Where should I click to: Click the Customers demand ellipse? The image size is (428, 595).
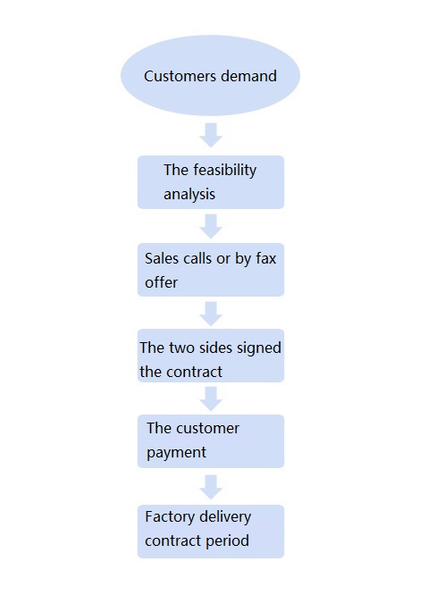(x=210, y=76)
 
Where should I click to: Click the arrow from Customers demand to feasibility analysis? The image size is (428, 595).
(x=211, y=135)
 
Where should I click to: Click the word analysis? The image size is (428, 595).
(x=189, y=195)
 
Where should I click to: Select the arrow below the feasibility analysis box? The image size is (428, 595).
(x=211, y=226)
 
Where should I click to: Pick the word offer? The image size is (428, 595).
(x=161, y=282)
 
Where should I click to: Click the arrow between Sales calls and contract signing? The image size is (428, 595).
(x=211, y=314)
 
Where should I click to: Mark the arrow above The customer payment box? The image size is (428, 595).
(x=211, y=398)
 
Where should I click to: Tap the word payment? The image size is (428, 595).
(x=176, y=453)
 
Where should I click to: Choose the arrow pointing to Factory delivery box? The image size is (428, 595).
(x=211, y=487)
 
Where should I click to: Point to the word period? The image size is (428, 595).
(x=227, y=541)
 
